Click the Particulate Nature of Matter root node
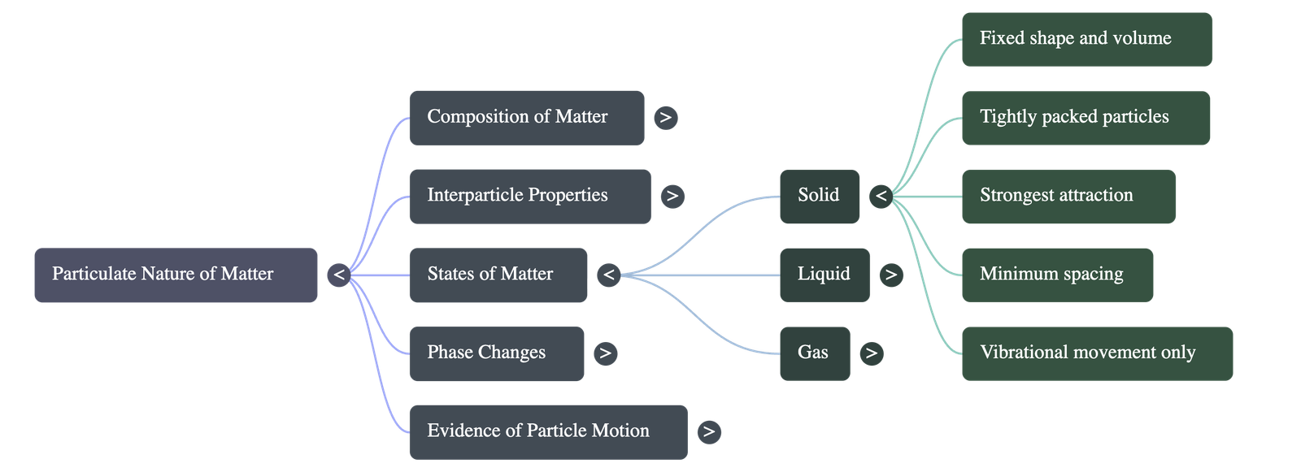click(x=176, y=275)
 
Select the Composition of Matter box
click(x=527, y=118)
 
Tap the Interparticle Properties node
click(x=530, y=197)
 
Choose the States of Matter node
click(x=498, y=275)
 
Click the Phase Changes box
click(x=496, y=353)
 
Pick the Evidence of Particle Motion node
click(x=548, y=431)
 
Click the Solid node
click(x=819, y=197)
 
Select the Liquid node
click(x=825, y=275)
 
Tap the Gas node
click(x=815, y=353)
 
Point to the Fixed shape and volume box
click(x=1086, y=39)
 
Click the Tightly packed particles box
click(x=1086, y=118)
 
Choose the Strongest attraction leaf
click(x=1068, y=197)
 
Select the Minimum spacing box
click(x=1057, y=275)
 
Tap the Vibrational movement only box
click(x=1097, y=353)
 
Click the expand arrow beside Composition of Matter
click(x=666, y=118)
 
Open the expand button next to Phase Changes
click(x=604, y=353)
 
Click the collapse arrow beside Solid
click(x=881, y=197)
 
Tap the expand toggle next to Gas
click(x=871, y=353)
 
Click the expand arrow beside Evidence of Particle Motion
click(x=709, y=431)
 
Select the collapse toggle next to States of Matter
click(x=608, y=275)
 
